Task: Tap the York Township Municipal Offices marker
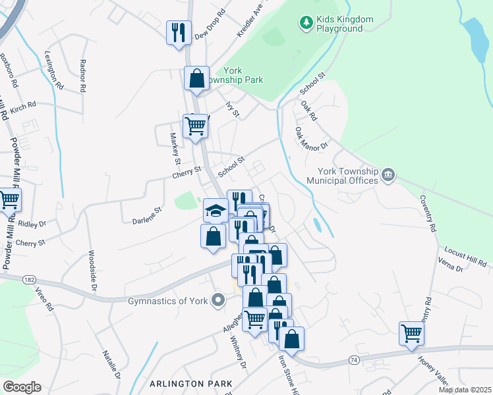pyautogui.click(x=388, y=174)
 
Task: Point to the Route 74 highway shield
pyautogui.click(x=355, y=360)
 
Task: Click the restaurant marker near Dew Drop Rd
pyautogui.click(x=179, y=33)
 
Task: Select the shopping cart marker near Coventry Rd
pyautogui.click(x=411, y=333)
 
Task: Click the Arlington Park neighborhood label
pyautogui.click(x=191, y=383)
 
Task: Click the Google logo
pyautogui.click(x=22, y=387)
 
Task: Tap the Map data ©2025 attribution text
pyautogui.click(x=465, y=390)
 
